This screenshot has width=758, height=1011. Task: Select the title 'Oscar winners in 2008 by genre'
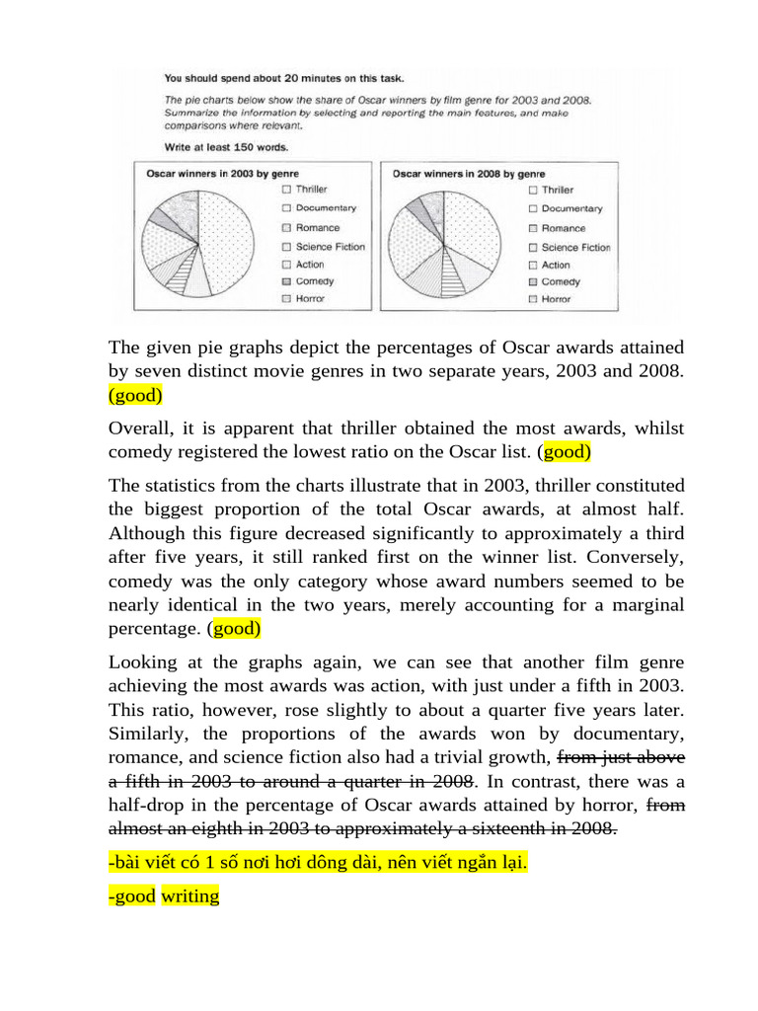tap(455, 173)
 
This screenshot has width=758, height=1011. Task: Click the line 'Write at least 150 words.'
tap(226, 147)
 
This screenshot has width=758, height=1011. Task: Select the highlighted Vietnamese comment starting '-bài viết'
tap(318, 864)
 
